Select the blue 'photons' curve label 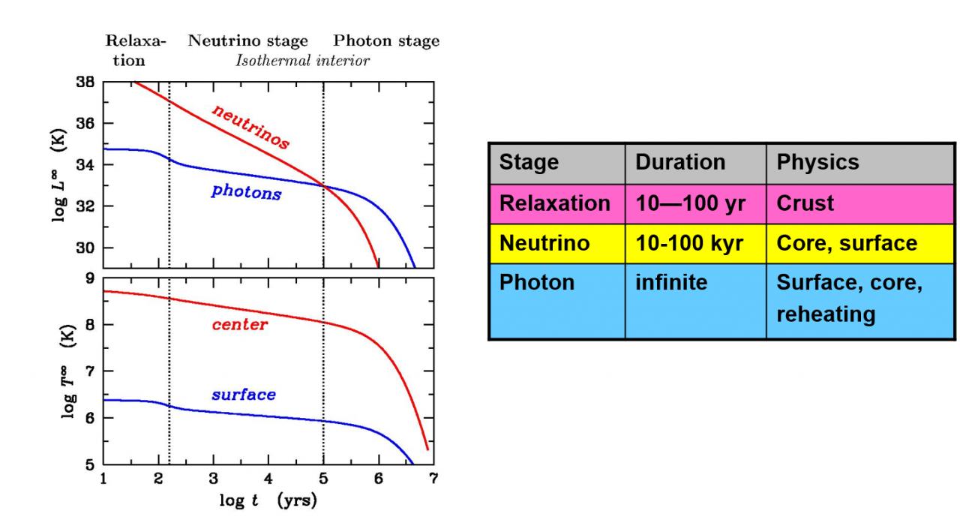246,192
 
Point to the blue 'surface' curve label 243,395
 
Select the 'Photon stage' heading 386,41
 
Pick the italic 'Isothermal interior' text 302,61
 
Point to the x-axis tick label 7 433,479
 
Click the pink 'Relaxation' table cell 555,203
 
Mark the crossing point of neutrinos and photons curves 323,185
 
